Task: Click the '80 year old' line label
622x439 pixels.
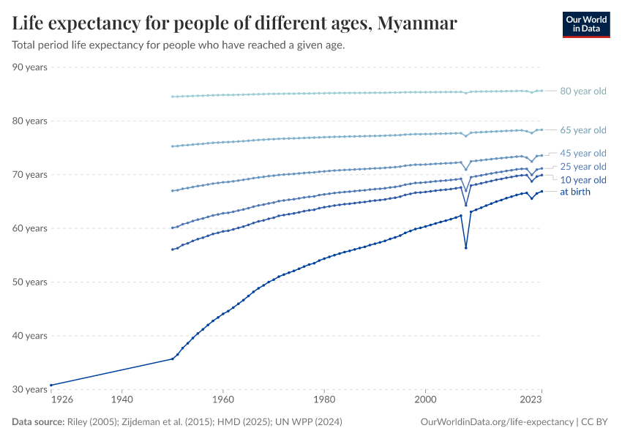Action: [x=582, y=91]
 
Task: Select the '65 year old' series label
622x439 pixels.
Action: [x=582, y=130]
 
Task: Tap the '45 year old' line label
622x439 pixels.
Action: [x=582, y=154]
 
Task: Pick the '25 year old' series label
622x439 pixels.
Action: [x=582, y=167]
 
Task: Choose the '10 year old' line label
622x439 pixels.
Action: [x=582, y=180]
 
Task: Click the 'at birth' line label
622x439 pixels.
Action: [x=574, y=192]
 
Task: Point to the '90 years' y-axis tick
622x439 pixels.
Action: [x=30, y=67]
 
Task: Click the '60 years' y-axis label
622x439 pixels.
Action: [x=30, y=228]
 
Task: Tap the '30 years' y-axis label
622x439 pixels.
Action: [x=30, y=389]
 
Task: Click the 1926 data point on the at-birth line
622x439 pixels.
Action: [x=50, y=385]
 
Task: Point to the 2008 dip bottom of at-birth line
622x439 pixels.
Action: [x=466, y=247]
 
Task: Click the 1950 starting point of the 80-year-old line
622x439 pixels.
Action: [x=172, y=97]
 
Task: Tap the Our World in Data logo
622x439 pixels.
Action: [x=585, y=24]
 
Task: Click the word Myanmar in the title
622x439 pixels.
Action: [x=417, y=23]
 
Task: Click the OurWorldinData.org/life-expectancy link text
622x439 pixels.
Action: [x=497, y=422]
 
